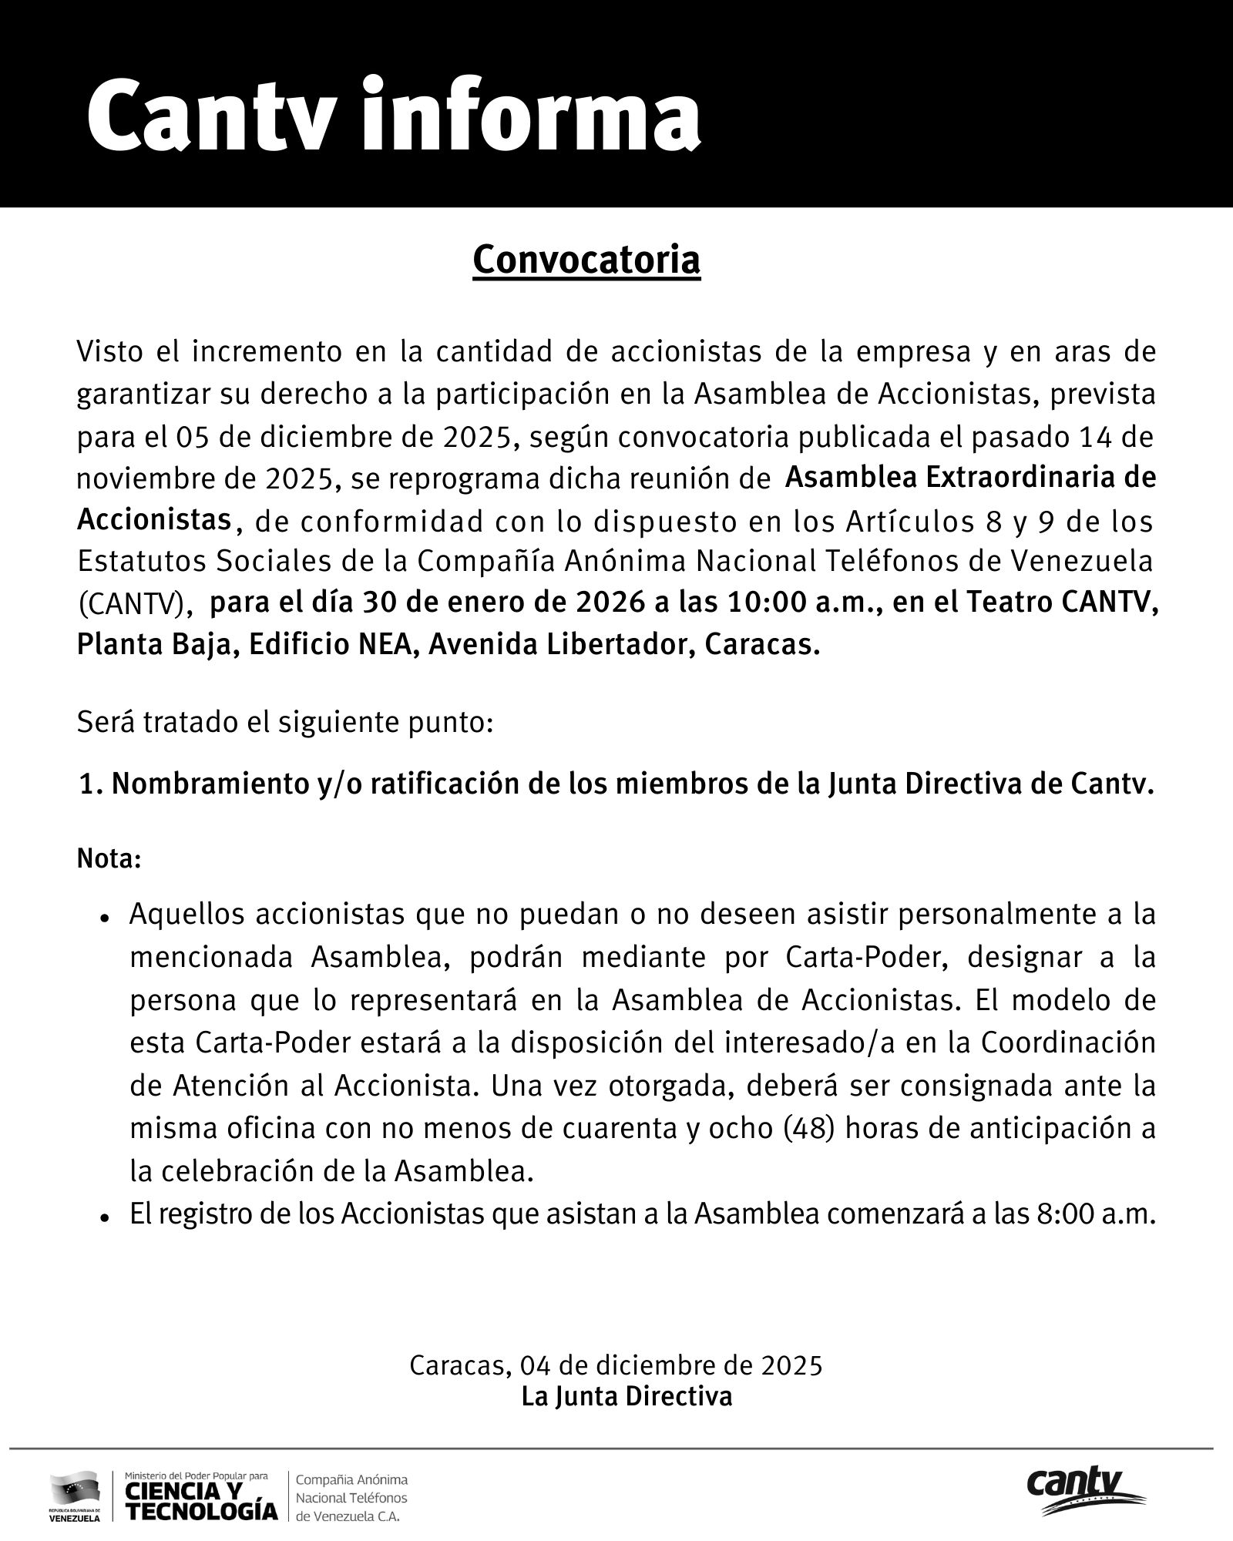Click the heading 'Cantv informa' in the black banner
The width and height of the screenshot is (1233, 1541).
click(x=393, y=116)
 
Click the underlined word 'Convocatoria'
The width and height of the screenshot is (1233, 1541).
click(x=586, y=260)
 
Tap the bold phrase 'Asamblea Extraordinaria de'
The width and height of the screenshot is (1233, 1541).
click(x=970, y=478)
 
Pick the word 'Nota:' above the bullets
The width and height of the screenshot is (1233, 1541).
click(x=109, y=858)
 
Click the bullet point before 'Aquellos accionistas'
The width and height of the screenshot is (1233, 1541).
click(x=102, y=918)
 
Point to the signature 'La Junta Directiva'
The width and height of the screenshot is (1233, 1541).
click(x=627, y=1396)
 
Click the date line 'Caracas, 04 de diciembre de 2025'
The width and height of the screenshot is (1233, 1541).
click(x=616, y=1365)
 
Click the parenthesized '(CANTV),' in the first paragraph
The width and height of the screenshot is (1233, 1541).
click(x=134, y=604)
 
